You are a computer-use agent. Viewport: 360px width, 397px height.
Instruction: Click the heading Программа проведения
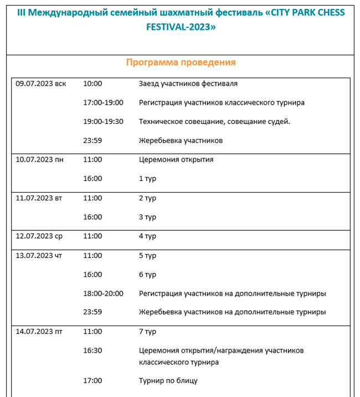[x=181, y=63]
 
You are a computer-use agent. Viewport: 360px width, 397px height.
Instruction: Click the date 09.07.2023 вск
[x=41, y=84]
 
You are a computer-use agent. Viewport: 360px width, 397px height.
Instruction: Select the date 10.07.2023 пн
[x=39, y=159]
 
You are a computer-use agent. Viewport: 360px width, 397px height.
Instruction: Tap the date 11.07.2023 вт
[x=39, y=198]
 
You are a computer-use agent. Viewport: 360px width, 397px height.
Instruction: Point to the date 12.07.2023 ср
[x=39, y=236]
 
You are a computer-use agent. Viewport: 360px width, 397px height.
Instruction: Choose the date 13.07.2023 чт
[x=39, y=255]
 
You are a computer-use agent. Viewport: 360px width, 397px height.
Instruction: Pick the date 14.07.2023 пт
[x=39, y=331]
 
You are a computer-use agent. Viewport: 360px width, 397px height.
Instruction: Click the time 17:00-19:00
[x=103, y=102]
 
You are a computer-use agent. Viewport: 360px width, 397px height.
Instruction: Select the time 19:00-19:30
[x=103, y=121]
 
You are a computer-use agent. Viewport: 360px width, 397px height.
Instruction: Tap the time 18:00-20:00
[x=103, y=293]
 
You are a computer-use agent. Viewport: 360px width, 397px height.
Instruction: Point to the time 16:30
[x=92, y=350]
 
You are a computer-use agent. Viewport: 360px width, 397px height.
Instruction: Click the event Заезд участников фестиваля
[x=188, y=84]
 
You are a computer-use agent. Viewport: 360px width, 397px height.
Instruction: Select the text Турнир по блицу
[x=168, y=380]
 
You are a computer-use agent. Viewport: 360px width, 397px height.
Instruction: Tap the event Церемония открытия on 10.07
[x=176, y=159]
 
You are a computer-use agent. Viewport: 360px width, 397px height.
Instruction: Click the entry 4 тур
[x=147, y=236]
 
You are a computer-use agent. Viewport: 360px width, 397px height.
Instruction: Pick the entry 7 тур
[x=147, y=331]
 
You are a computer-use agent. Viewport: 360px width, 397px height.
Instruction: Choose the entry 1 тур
[x=147, y=178]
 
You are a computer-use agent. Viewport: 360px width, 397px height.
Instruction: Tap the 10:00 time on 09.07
[x=92, y=84]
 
